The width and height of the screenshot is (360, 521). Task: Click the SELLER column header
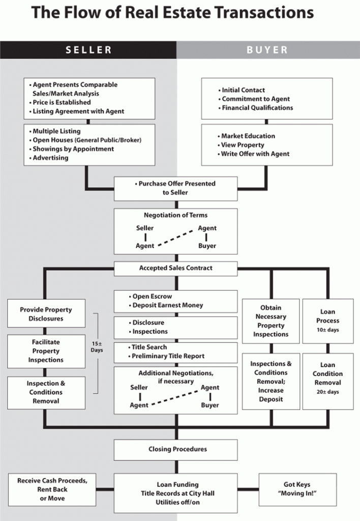click(88, 50)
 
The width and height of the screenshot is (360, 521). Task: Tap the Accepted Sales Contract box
click(176, 269)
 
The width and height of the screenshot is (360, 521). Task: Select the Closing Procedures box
click(176, 450)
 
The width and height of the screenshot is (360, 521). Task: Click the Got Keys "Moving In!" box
click(297, 489)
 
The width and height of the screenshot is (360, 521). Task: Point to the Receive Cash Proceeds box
click(52, 489)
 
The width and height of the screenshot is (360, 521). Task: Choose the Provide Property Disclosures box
click(46, 313)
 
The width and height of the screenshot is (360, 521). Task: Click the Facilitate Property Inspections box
click(46, 351)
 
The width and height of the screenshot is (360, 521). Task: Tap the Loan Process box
click(328, 321)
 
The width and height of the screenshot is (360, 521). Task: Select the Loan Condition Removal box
click(328, 381)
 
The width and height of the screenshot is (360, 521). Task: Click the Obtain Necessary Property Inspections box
click(271, 321)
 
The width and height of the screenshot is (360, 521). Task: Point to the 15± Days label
click(97, 347)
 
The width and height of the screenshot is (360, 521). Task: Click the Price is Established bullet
click(60, 102)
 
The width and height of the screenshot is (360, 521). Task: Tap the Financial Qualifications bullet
click(255, 108)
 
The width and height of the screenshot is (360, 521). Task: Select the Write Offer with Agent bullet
click(253, 154)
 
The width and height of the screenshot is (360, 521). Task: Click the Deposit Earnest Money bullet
click(166, 305)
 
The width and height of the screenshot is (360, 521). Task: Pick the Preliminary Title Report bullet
click(166, 356)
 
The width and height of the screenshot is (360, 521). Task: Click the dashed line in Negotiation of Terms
click(176, 238)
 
